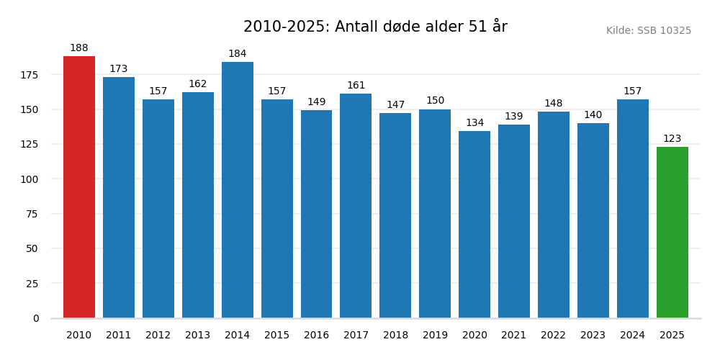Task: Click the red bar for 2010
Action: click(x=79, y=187)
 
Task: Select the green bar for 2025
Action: click(x=672, y=233)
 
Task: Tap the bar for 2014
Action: click(x=238, y=190)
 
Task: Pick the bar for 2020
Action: click(x=474, y=225)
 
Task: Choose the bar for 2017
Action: click(x=356, y=206)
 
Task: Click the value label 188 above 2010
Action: click(x=79, y=48)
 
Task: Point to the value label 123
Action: click(x=672, y=139)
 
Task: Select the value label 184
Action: click(x=238, y=54)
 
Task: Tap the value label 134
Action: click(x=474, y=123)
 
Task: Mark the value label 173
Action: click(x=119, y=69)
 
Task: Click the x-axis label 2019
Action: click(x=435, y=336)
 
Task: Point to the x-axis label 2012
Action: click(x=158, y=336)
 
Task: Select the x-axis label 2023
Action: click(x=593, y=336)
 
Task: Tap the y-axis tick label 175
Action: click(x=30, y=75)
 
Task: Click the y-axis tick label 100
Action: click(x=30, y=179)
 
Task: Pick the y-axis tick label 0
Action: click(x=36, y=318)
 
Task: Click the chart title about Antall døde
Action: click(x=375, y=27)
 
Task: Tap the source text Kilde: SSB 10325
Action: click(x=648, y=31)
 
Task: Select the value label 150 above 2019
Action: click(x=435, y=101)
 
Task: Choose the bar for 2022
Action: click(x=554, y=215)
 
